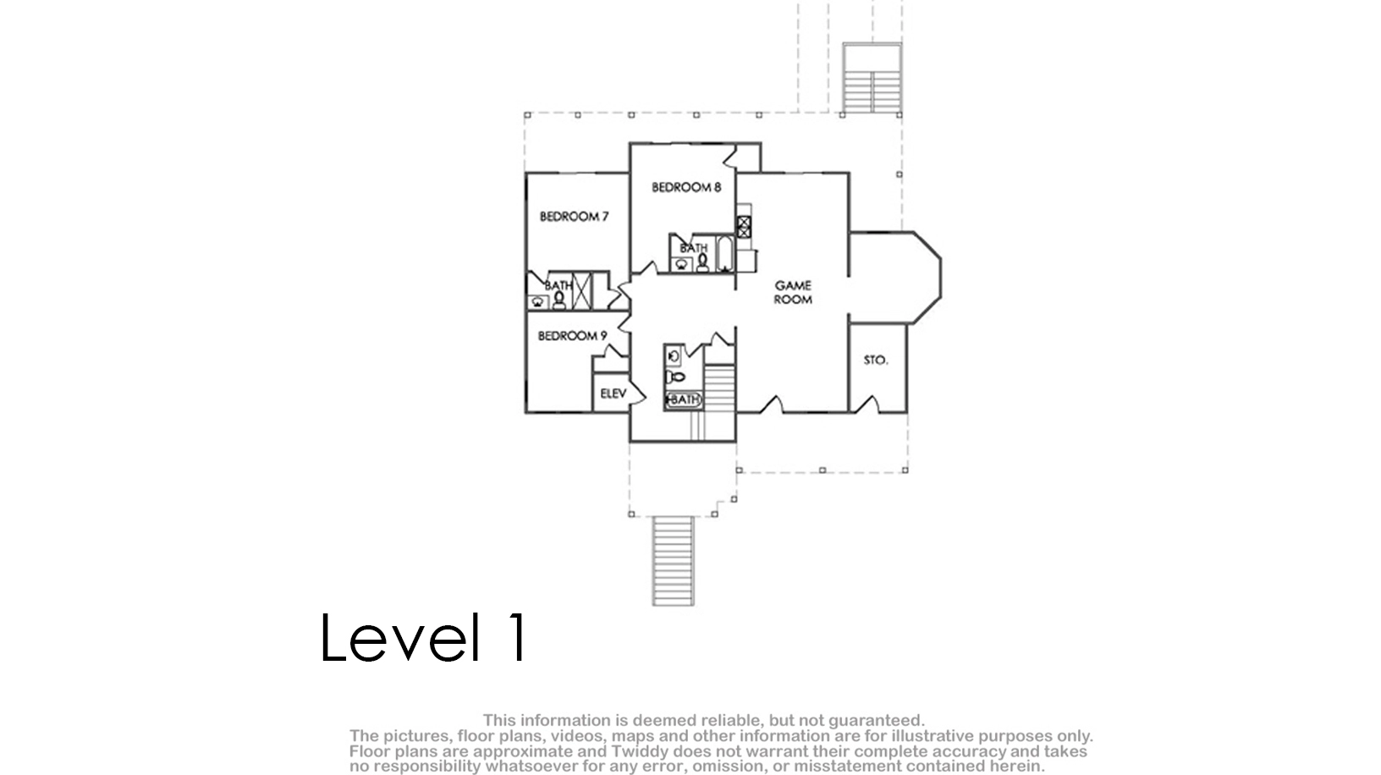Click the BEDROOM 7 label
click(574, 217)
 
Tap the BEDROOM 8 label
click(686, 187)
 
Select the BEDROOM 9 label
click(572, 336)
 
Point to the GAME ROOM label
click(793, 292)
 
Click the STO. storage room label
click(876, 360)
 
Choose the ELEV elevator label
click(613, 393)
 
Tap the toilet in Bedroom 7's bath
click(558, 300)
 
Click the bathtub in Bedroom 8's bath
click(724, 254)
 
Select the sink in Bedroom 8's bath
click(680, 265)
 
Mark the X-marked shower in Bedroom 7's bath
click(582, 289)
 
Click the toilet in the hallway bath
click(676, 377)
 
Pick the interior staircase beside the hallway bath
click(719, 388)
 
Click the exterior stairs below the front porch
click(674, 561)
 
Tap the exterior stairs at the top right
click(872, 92)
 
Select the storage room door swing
click(868, 404)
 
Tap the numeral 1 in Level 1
click(518, 637)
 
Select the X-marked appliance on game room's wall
click(744, 227)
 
